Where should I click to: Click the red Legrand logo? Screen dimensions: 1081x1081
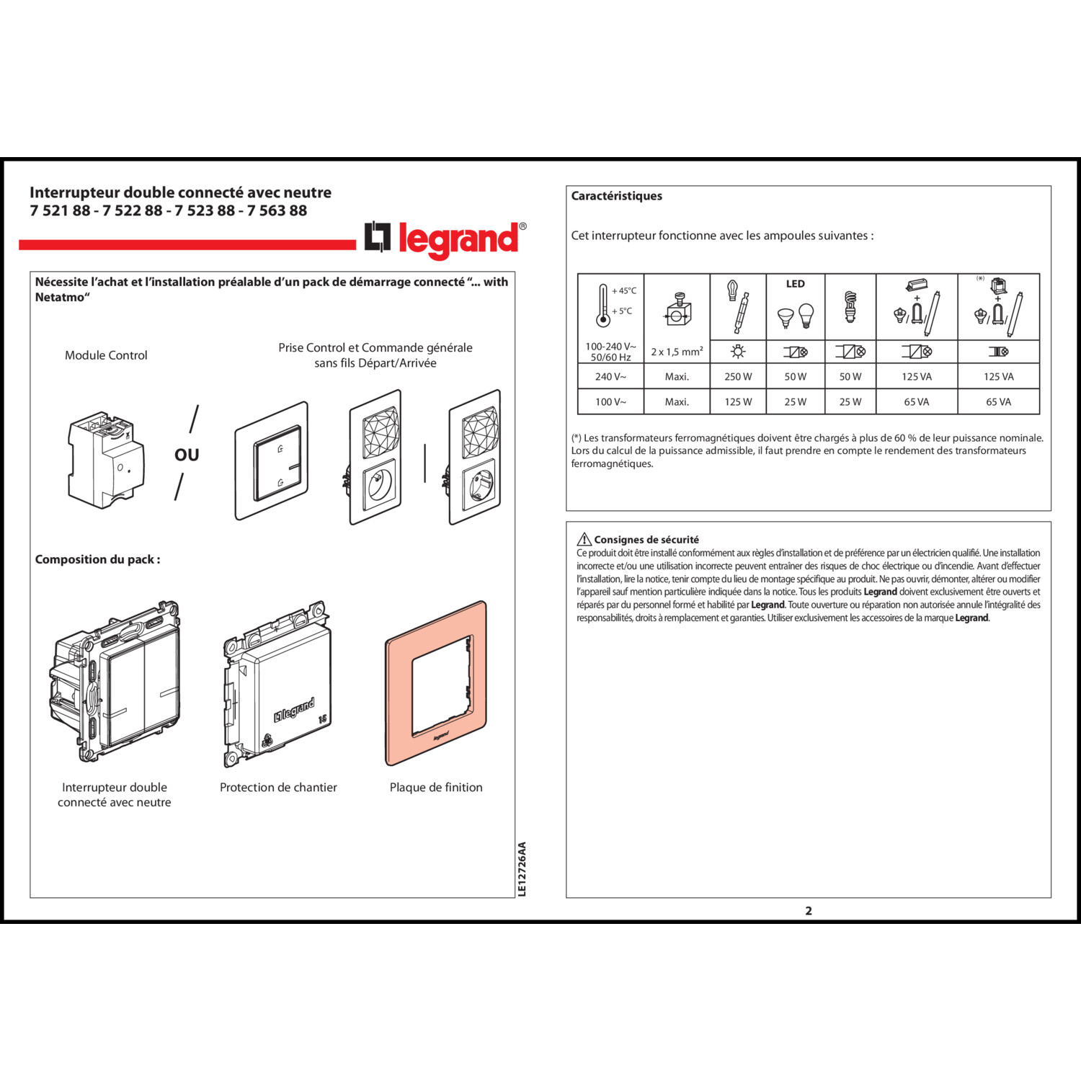[x=445, y=239]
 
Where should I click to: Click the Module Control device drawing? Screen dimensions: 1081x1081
[x=106, y=459]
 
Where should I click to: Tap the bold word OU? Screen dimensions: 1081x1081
[x=187, y=455]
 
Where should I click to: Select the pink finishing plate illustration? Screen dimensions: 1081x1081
[x=436, y=682]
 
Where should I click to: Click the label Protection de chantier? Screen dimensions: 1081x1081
[x=278, y=787]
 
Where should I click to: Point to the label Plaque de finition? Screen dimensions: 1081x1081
[x=436, y=787]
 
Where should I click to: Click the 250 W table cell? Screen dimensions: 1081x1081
[x=738, y=376]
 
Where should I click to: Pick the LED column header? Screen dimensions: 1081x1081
[x=795, y=284]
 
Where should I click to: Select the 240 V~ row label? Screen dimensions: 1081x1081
[x=610, y=376]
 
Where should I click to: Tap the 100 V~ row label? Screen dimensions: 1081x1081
[x=610, y=401]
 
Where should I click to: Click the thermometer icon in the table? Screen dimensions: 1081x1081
[x=604, y=305]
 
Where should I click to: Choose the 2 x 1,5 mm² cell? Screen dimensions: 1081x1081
[x=677, y=352]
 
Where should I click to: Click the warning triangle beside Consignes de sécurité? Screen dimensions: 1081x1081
[x=584, y=539]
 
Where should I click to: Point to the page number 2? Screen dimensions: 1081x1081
[x=809, y=910]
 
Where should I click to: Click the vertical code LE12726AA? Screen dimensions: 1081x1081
[x=522, y=869]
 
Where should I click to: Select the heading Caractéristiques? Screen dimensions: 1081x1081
[x=616, y=196]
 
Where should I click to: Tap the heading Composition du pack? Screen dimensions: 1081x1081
[x=97, y=559]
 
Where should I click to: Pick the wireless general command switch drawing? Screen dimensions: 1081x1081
[x=272, y=461]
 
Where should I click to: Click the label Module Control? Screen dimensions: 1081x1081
[x=106, y=355]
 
